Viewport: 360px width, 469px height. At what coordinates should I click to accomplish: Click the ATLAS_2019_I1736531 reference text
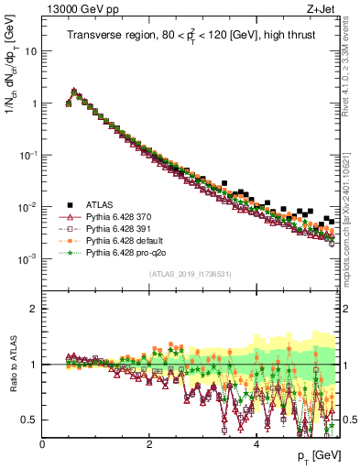pyautogui.click(x=189, y=274)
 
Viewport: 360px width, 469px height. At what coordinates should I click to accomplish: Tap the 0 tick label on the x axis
pyautogui.click(x=42, y=444)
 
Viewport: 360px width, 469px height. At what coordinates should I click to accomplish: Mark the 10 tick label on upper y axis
pyautogui.click(x=30, y=51)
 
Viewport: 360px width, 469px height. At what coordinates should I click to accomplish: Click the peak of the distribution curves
pyautogui.click(x=74, y=91)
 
